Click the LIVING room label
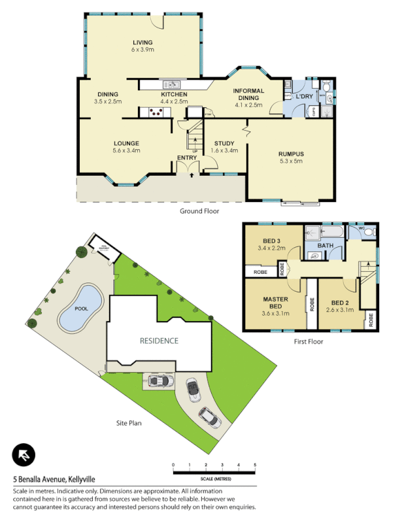tap(143, 43)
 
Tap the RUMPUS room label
tap(292, 154)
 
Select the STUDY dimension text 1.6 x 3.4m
tap(224, 150)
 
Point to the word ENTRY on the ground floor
tap(186, 158)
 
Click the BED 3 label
tap(269, 241)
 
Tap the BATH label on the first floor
tap(325, 246)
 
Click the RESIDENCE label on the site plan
tap(158, 341)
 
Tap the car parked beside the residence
tap(159, 380)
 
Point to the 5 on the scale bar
tap(255, 465)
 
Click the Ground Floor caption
tap(199, 211)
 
